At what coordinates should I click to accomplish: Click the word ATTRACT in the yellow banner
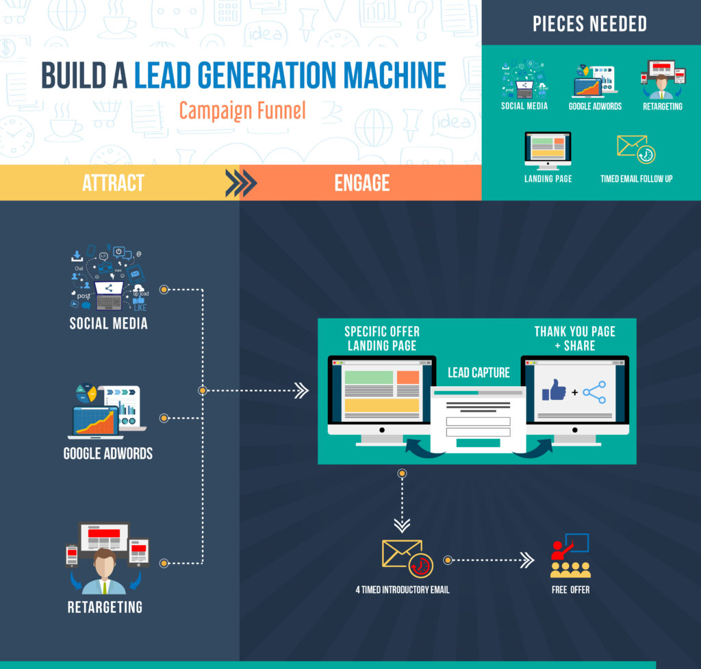click(x=113, y=183)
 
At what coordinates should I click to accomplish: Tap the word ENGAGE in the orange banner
click(x=362, y=183)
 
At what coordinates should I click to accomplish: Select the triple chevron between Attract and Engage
click(x=241, y=183)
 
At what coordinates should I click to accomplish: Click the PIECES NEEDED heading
click(x=589, y=24)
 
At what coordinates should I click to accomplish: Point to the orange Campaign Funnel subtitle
click(x=242, y=110)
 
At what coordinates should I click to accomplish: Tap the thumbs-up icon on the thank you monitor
click(x=554, y=390)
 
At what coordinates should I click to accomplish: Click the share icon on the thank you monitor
click(x=595, y=392)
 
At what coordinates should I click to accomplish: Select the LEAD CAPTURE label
click(x=479, y=373)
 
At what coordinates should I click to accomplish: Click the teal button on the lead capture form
click(x=478, y=443)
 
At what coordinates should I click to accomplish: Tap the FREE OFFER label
click(x=570, y=590)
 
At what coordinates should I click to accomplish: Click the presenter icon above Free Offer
click(x=570, y=555)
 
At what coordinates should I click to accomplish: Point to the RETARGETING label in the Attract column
click(x=105, y=607)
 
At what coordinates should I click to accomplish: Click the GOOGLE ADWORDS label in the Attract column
click(x=108, y=453)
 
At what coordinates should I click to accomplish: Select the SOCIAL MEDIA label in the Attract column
click(x=109, y=323)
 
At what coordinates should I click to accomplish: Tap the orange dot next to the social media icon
click(x=164, y=290)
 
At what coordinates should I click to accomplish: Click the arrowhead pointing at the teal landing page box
click(x=302, y=390)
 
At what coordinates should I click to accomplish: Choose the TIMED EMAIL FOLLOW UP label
click(x=636, y=179)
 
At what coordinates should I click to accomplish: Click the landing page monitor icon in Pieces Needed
click(x=548, y=151)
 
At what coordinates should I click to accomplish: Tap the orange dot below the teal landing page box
click(x=402, y=473)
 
